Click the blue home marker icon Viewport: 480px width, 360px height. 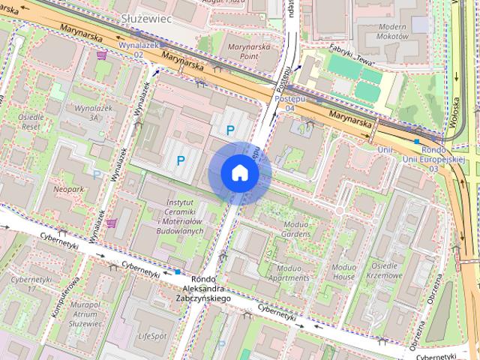(239, 173)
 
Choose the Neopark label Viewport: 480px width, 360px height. (69, 190)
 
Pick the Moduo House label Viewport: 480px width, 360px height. (343, 271)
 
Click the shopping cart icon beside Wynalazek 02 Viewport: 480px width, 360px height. (102, 55)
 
